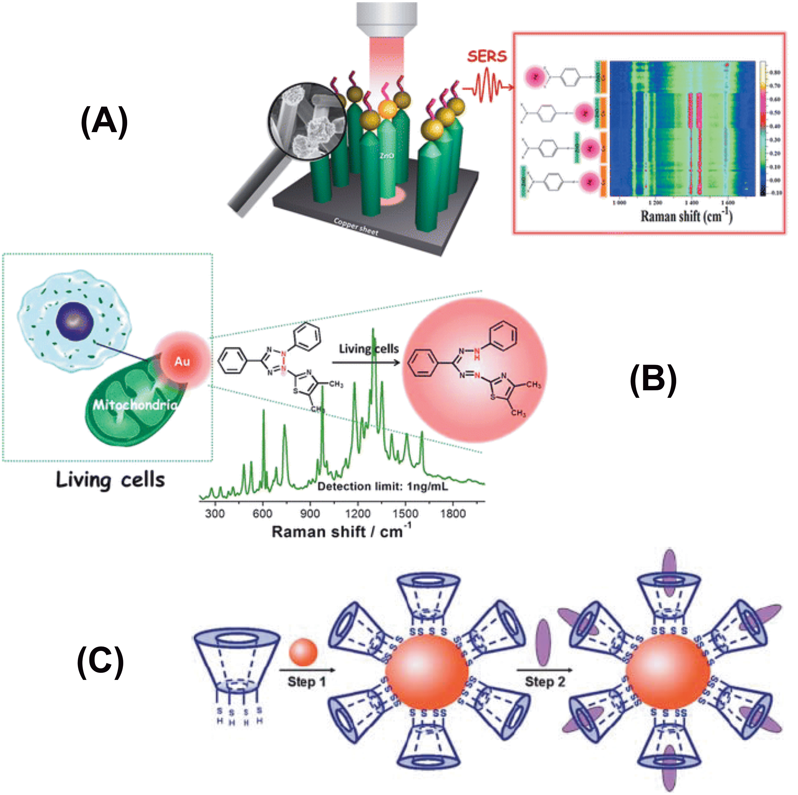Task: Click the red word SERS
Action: point(487,56)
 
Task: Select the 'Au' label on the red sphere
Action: point(182,362)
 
